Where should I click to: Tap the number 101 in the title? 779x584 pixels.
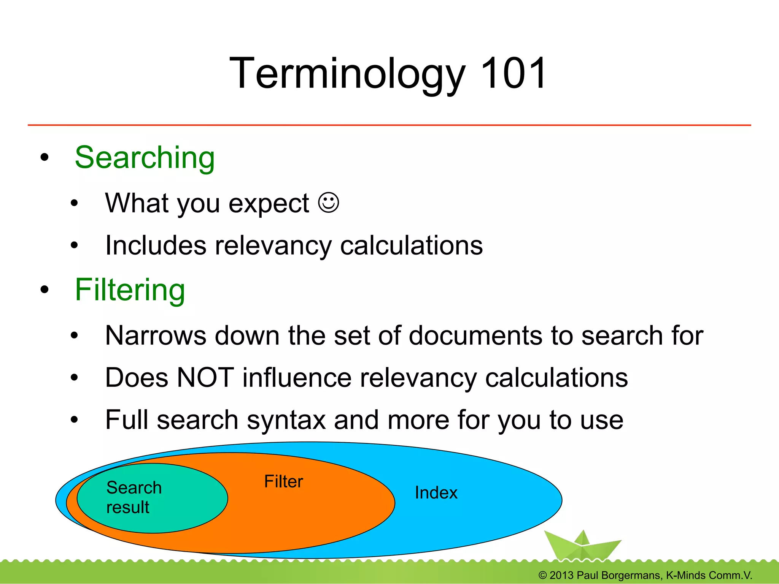coord(513,73)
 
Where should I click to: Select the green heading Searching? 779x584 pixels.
coord(145,158)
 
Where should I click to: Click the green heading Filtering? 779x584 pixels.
coord(130,290)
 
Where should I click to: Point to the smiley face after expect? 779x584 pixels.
coord(328,203)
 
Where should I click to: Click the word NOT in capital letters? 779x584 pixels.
coord(205,378)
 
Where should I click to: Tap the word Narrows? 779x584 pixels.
coord(156,336)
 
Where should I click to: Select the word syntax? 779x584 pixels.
coord(286,420)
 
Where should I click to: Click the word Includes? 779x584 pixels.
coord(156,245)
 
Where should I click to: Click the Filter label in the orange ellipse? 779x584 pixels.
coord(283,481)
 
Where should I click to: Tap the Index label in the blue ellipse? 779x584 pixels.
coord(436,493)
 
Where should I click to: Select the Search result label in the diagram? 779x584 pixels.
coord(134,497)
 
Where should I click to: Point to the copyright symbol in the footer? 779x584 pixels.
coord(542,575)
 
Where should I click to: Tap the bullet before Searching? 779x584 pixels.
coord(45,157)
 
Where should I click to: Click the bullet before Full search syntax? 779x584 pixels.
coord(74,420)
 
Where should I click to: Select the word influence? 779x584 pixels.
coord(297,378)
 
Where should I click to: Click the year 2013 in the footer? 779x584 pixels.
coord(561,575)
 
